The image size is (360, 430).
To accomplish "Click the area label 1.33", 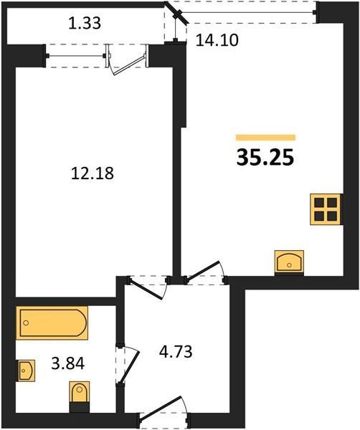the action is tap(85, 23).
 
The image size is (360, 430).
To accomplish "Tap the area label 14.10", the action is tap(217, 40).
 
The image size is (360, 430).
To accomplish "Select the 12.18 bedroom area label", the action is tap(93, 173).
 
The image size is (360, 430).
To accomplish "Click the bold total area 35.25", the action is tap(265, 158).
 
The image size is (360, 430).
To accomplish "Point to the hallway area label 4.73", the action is tap(176, 351).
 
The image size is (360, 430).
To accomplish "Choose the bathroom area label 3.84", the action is tap(68, 363).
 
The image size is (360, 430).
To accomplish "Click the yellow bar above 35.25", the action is tap(265, 137).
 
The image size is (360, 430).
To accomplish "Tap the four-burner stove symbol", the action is tap(326, 209).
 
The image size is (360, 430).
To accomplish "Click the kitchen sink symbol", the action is tap(289, 262).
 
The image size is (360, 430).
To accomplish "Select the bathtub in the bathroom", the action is tap(52, 323).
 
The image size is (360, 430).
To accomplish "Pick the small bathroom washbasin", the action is tap(27, 371).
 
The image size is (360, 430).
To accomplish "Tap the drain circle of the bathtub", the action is tap(26, 322).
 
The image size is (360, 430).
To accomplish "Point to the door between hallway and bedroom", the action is tap(147, 289).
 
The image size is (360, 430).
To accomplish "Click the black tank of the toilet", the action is tap(80, 407).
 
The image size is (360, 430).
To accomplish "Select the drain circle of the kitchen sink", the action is tap(289, 265).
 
